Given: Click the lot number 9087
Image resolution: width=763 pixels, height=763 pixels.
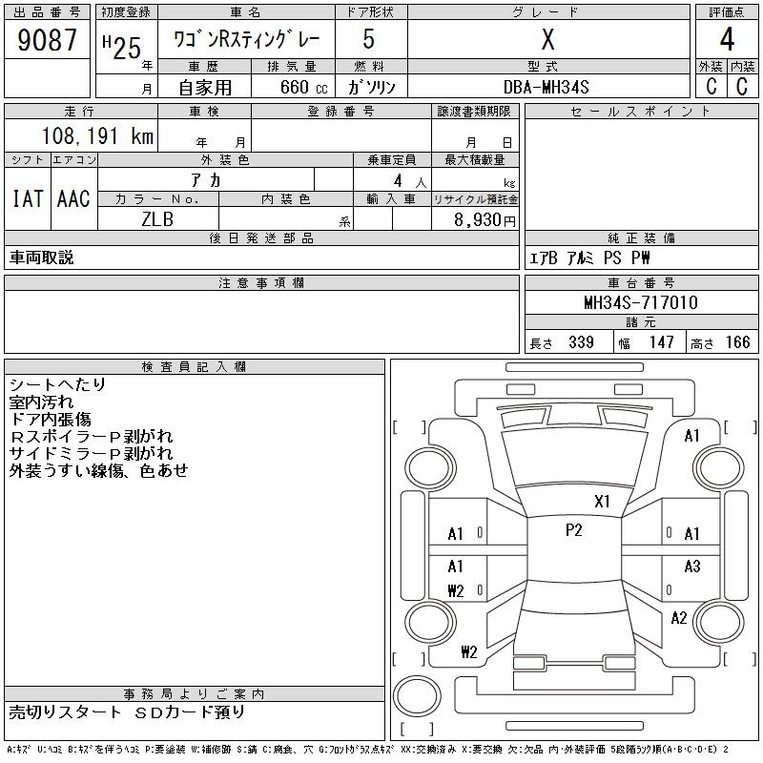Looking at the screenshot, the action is pyautogui.click(x=47, y=40).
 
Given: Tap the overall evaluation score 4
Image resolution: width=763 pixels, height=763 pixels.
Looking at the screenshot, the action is pyautogui.click(x=727, y=39).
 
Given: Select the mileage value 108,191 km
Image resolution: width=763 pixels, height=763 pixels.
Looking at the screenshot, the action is pyautogui.click(x=98, y=135).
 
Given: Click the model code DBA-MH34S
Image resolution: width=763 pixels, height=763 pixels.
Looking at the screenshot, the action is pyautogui.click(x=546, y=87).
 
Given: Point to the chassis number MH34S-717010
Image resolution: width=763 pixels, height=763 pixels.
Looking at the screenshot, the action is pyautogui.click(x=641, y=302).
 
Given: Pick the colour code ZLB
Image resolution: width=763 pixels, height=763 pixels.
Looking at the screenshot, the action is pyautogui.click(x=157, y=219).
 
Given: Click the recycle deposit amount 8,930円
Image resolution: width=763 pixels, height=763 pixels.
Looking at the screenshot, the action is pyautogui.click(x=485, y=220).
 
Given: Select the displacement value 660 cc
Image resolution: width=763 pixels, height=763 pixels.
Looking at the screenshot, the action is pyautogui.click(x=304, y=87).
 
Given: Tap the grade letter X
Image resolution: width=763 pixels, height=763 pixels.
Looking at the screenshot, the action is pyautogui.click(x=547, y=39).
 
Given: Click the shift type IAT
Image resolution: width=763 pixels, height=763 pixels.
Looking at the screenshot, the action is pyautogui.click(x=28, y=198).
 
